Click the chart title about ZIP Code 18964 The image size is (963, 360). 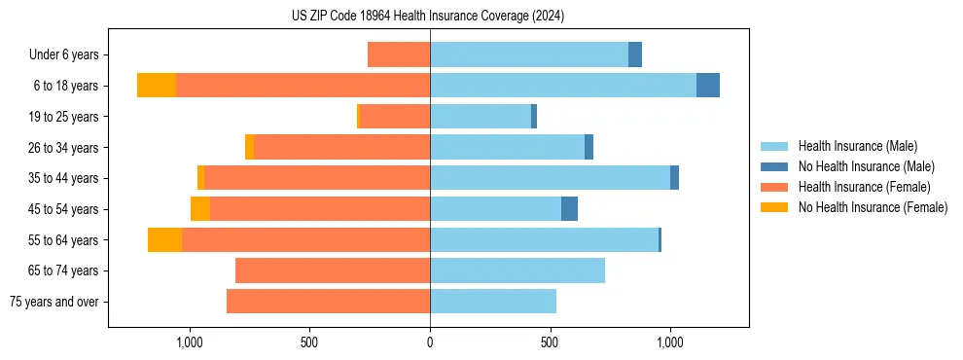[x=428, y=16]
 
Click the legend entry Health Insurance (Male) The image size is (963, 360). [x=857, y=146]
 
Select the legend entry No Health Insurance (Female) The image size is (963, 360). [x=873, y=207]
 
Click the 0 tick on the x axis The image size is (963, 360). [x=430, y=342]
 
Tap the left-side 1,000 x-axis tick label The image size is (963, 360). [x=189, y=342]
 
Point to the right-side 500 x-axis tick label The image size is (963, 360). [x=550, y=342]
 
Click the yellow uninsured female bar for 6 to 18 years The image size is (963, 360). [x=157, y=86]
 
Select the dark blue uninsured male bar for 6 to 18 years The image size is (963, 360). [x=708, y=86]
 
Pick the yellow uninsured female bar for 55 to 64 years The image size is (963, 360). [x=164, y=239]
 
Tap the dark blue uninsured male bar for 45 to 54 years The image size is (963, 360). [x=569, y=209]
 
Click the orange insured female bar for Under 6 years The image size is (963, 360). [x=399, y=55]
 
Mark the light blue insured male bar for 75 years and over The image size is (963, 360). [x=493, y=302]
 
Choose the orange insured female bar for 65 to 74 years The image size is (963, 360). [x=333, y=270]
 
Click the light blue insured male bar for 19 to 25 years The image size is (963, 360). [x=481, y=117]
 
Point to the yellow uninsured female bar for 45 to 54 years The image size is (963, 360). [x=200, y=209]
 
